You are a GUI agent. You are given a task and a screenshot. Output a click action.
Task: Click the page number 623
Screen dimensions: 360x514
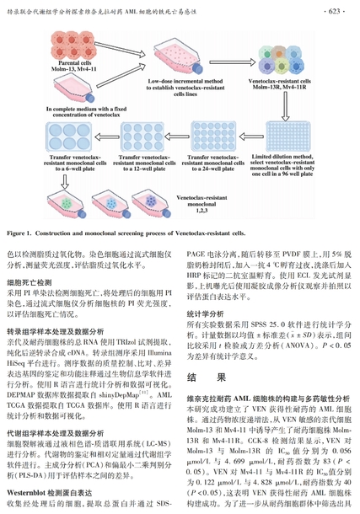[x=334, y=12]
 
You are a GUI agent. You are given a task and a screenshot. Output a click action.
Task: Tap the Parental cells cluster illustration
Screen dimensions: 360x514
[x=73, y=46]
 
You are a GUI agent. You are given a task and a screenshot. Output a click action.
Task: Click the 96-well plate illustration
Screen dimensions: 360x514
[x=287, y=137]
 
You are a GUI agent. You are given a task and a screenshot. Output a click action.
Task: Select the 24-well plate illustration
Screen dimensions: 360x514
[x=214, y=137]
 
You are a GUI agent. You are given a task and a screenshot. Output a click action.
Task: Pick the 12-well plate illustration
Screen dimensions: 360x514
[x=142, y=137]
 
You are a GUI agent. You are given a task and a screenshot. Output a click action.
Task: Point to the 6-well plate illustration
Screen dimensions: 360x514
[x=69, y=137]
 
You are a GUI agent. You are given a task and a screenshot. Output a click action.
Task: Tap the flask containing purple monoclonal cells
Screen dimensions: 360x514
[x=151, y=204]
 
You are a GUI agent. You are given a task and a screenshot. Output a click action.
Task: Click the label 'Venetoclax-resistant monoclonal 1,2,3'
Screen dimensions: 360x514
[x=201, y=204]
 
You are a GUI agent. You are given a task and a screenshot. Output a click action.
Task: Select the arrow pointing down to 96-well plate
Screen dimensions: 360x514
[x=286, y=106]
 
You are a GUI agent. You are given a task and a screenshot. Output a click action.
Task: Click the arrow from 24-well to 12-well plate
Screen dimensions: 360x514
[x=177, y=137]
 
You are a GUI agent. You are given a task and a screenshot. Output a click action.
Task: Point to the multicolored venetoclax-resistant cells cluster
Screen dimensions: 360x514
[x=282, y=60]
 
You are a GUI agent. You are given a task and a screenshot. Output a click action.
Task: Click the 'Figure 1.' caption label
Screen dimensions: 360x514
[x=19, y=233]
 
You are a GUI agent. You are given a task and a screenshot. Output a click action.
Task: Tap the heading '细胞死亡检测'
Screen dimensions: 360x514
[x=30, y=282]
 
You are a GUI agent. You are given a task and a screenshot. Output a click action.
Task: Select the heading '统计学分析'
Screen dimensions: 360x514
[x=205, y=314]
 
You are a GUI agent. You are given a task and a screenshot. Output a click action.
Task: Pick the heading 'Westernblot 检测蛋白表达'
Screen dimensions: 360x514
[x=50, y=493]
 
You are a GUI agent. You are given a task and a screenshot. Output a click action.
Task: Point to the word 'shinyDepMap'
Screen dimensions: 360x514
[x=119, y=395]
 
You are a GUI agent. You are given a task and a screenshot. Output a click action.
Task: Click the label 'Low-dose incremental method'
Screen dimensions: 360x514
[x=185, y=81]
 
